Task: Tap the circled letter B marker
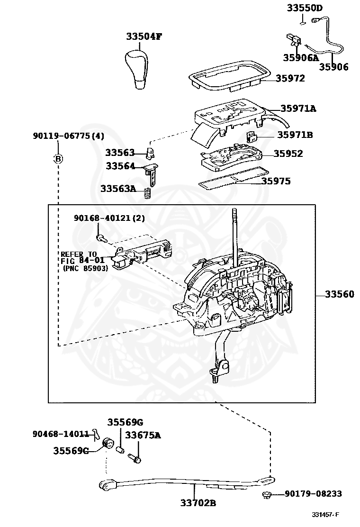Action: point(58,159)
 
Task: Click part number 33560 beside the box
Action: point(339,294)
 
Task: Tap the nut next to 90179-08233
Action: point(266,495)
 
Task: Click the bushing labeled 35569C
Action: point(108,444)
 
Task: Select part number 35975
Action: point(283,181)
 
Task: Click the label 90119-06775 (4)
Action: point(68,136)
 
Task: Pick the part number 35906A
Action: point(301,58)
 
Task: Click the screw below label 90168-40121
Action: point(100,238)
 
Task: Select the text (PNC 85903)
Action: point(85,268)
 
